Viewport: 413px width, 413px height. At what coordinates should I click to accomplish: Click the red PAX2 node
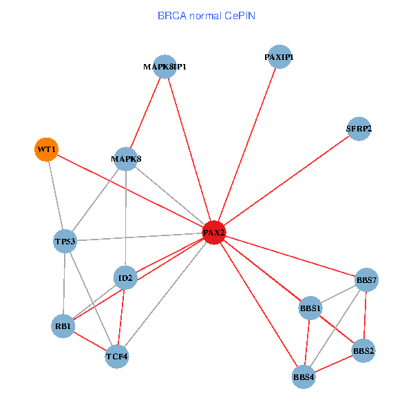[214, 233]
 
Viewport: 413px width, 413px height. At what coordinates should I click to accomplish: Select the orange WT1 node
[46, 149]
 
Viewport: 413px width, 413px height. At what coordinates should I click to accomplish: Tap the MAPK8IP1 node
[165, 67]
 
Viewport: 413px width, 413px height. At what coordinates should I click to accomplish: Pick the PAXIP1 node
[279, 57]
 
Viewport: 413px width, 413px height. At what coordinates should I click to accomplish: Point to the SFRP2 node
[359, 129]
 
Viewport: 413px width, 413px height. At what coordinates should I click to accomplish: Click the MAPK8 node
[126, 160]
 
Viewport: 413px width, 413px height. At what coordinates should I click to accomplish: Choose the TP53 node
[65, 242]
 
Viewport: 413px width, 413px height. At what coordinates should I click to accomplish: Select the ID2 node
[125, 278]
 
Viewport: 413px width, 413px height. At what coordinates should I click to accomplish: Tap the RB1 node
[63, 326]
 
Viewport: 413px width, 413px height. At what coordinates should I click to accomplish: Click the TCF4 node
[117, 357]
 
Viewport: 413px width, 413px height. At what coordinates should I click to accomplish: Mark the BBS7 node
[366, 280]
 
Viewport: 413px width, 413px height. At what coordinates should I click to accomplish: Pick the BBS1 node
[310, 308]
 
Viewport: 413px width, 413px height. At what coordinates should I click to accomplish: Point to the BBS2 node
[363, 350]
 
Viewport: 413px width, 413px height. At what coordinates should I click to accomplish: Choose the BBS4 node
[304, 377]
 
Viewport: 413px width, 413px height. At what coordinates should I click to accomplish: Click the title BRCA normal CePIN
[206, 15]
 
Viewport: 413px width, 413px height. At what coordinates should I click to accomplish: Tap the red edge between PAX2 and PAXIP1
[246, 145]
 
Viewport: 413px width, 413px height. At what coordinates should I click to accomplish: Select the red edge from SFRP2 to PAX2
[286, 180]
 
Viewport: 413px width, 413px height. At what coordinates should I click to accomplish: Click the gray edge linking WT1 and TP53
[56, 195]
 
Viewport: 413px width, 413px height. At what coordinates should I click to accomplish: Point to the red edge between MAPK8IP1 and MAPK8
[145, 114]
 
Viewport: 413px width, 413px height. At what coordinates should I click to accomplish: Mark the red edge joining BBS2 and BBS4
[334, 363]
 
